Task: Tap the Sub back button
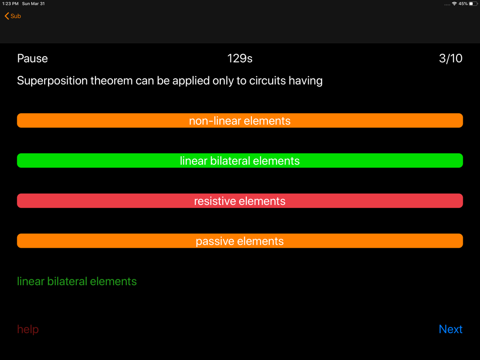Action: (x=13, y=16)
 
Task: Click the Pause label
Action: (x=33, y=59)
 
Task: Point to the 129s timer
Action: (x=240, y=59)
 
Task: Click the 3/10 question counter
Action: (x=451, y=59)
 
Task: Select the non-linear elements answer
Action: (x=240, y=120)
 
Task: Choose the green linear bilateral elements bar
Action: (x=240, y=161)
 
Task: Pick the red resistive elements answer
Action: (x=240, y=201)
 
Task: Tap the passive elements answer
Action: (x=240, y=241)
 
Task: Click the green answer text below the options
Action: (x=77, y=281)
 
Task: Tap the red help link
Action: (x=28, y=329)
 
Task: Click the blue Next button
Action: (x=451, y=329)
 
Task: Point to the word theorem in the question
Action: (x=111, y=81)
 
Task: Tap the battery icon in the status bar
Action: (x=473, y=4)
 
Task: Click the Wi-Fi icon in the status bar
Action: (x=454, y=4)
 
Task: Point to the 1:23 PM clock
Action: (x=11, y=4)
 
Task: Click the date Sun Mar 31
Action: (x=34, y=4)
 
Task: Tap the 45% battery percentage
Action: (x=463, y=4)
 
